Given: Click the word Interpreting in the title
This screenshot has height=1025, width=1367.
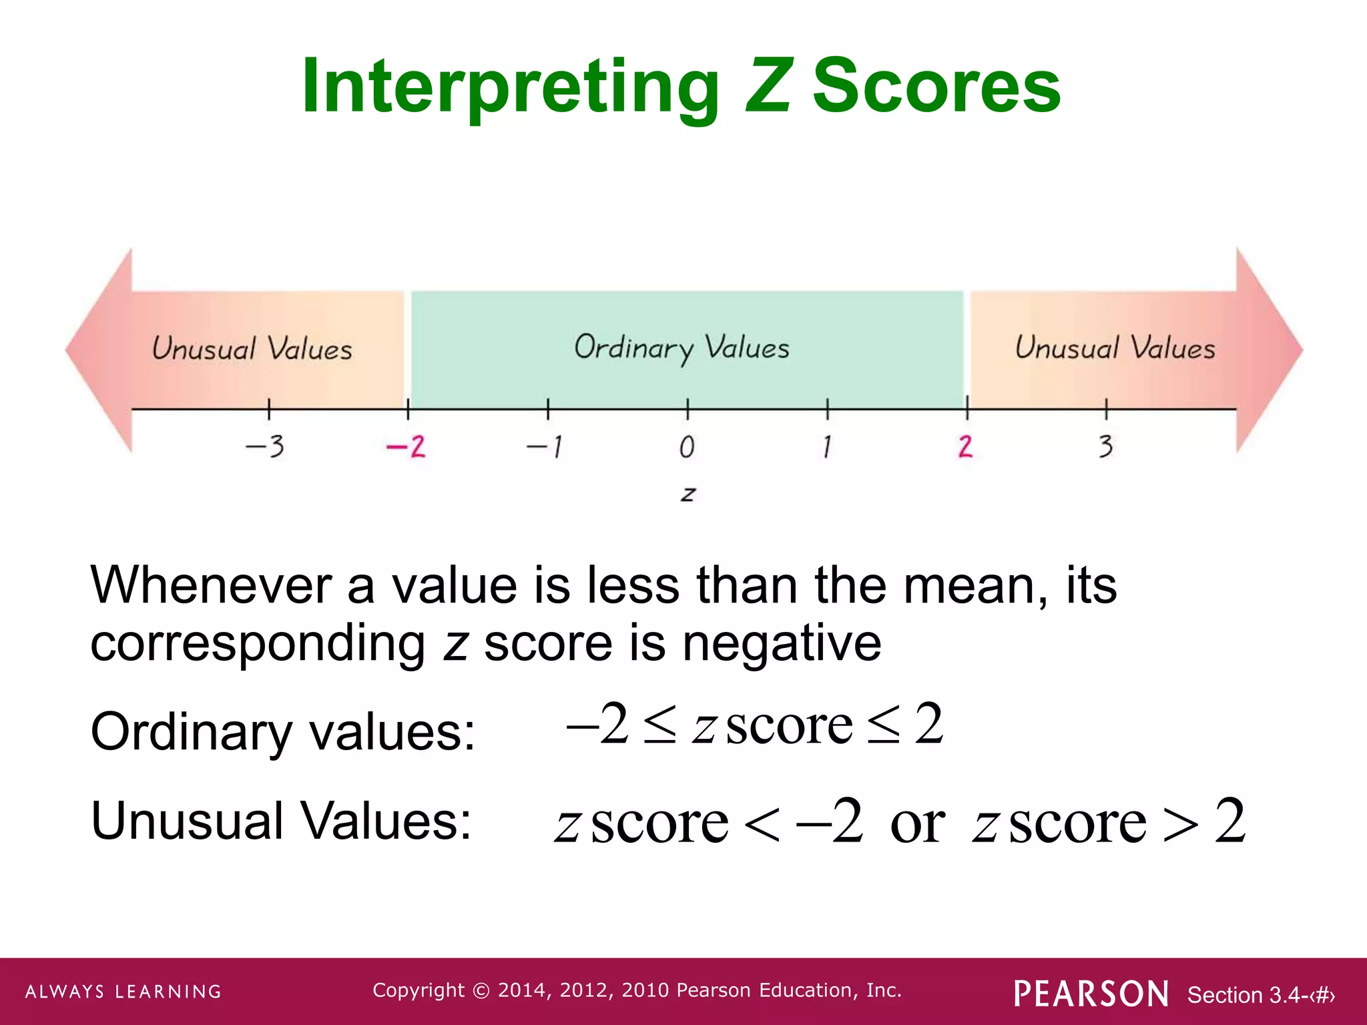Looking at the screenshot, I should click(x=511, y=87).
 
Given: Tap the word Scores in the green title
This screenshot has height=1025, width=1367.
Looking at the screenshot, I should click(x=936, y=87).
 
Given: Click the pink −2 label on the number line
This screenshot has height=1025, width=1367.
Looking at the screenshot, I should click(x=406, y=446).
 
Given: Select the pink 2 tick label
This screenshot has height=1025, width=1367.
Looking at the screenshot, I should click(x=965, y=446).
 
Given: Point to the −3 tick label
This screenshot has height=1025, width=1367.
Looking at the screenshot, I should click(x=266, y=446).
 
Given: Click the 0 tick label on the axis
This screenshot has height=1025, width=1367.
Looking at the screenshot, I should click(x=687, y=447).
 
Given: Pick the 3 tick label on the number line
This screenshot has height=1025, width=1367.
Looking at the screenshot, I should click(x=1106, y=446).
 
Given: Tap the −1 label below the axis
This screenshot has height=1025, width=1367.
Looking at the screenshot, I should click(x=545, y=446).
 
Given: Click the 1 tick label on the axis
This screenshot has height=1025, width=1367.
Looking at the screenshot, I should click(x=827, y=446).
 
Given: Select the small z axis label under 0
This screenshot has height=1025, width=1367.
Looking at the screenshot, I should click(x=688, y=494).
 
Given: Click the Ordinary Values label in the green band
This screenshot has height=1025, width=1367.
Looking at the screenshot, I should click(x=681, y=348).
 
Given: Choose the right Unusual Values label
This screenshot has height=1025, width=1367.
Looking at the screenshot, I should click(x=1115, y=348).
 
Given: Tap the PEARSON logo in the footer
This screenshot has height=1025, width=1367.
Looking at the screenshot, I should click(x=1091, y=994).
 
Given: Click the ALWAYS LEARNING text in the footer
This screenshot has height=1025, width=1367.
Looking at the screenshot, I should click(x=123, y=992).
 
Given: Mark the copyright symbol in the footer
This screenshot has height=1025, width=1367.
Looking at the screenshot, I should click(x=481, y=991).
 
